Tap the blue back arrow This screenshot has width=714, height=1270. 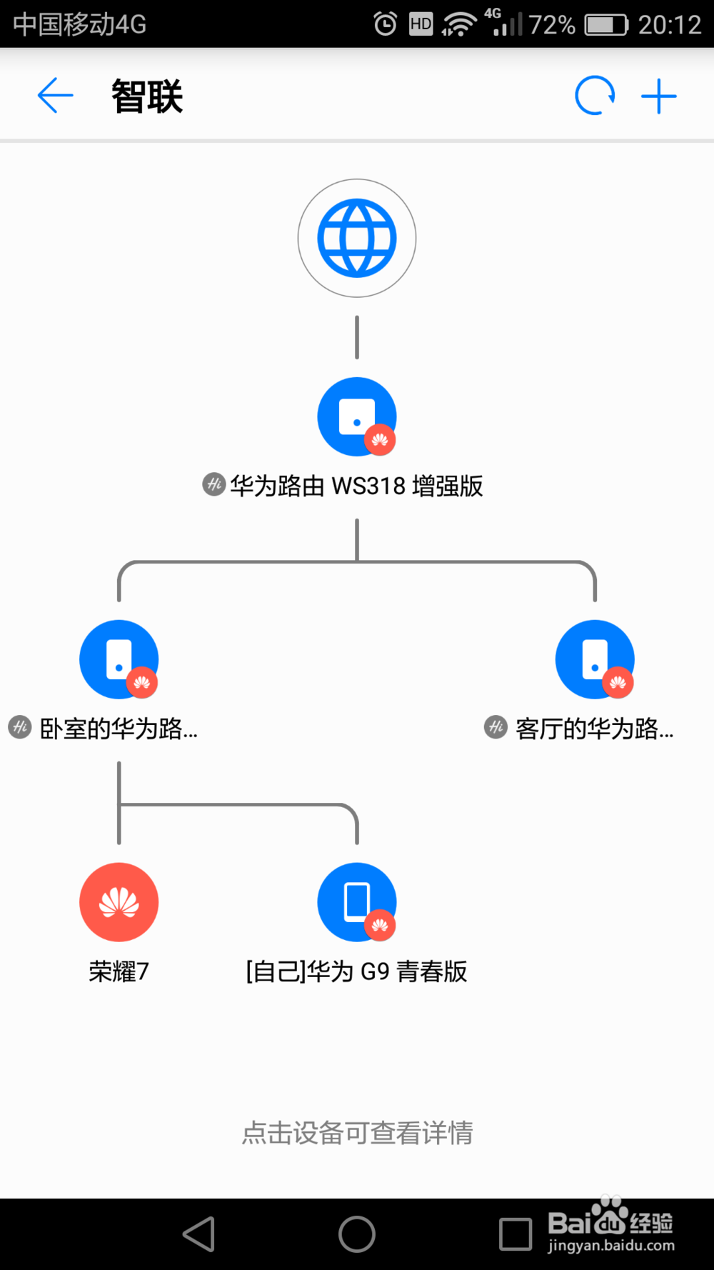55,96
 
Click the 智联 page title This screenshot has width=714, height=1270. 147,96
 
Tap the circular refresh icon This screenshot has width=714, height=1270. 595,96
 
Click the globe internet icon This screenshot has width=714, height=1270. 357,238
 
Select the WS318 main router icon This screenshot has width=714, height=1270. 357,416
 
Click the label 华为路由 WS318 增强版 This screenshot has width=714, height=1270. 356,486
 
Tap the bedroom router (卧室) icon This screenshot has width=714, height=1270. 119,659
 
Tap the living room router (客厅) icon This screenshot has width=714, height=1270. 595,659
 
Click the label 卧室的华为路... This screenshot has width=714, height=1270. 119,729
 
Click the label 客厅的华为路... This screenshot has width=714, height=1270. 594,729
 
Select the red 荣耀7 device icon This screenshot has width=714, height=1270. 119,902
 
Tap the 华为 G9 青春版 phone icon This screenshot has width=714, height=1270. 357,902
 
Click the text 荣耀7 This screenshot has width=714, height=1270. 119,971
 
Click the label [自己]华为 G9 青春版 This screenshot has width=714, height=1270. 356,971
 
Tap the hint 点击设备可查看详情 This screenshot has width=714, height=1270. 357,1133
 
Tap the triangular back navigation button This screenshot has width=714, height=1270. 199,1234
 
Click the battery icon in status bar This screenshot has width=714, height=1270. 605,25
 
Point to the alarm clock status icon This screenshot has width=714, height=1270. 386,24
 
